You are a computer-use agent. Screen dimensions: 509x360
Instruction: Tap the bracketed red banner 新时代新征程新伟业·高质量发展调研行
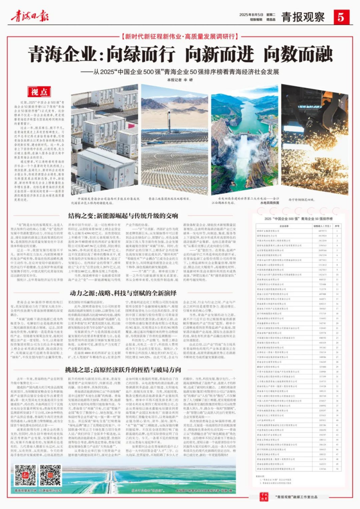180,36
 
